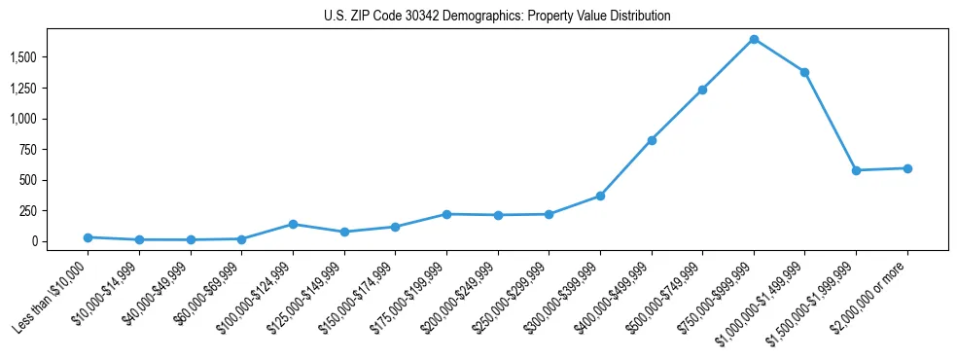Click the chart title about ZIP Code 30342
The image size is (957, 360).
[497, 17]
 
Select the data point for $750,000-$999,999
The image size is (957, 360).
[754, 39]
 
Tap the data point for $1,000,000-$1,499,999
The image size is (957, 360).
[804, 72]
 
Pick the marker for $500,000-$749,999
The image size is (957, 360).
[702, 90]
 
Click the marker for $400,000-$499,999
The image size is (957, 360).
[652, 140]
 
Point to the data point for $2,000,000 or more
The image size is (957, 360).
[907, 168]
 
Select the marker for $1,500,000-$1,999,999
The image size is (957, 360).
[856, 170]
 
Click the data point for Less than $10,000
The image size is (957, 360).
[89, 237]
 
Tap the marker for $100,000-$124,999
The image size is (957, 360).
[293, 224]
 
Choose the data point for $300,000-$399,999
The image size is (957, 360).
[600, 196]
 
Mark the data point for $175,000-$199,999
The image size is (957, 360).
[446, 214]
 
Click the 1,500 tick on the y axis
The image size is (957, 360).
[22, 57]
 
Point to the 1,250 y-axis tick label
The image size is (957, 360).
[22, 89]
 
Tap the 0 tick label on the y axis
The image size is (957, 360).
[33, 241]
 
